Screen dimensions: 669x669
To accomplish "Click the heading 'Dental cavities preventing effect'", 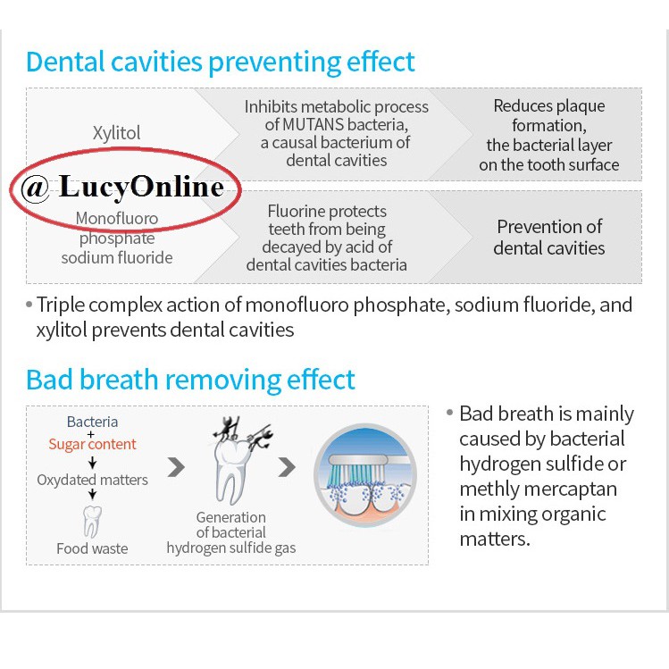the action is (x=221, y=63).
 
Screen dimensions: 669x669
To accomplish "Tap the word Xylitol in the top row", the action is (x=117, y=133).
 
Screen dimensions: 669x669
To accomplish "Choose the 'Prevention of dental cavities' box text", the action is (x=548, y=237).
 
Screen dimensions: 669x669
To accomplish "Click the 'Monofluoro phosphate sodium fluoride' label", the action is (x=117, y=238).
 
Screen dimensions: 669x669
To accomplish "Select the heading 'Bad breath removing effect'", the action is (x=190, y=380).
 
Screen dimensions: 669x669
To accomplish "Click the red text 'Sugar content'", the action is (x=92, y=444).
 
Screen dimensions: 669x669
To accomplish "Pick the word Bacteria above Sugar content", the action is (x=92, y=422).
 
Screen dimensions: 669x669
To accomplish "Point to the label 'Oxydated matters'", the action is (x=92, y=481).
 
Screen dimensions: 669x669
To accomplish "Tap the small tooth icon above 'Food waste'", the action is (x=92, y=521).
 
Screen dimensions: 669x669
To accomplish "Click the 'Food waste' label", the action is (x=92, y=548).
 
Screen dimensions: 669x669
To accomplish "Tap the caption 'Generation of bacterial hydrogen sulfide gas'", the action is (x=230, y=532).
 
